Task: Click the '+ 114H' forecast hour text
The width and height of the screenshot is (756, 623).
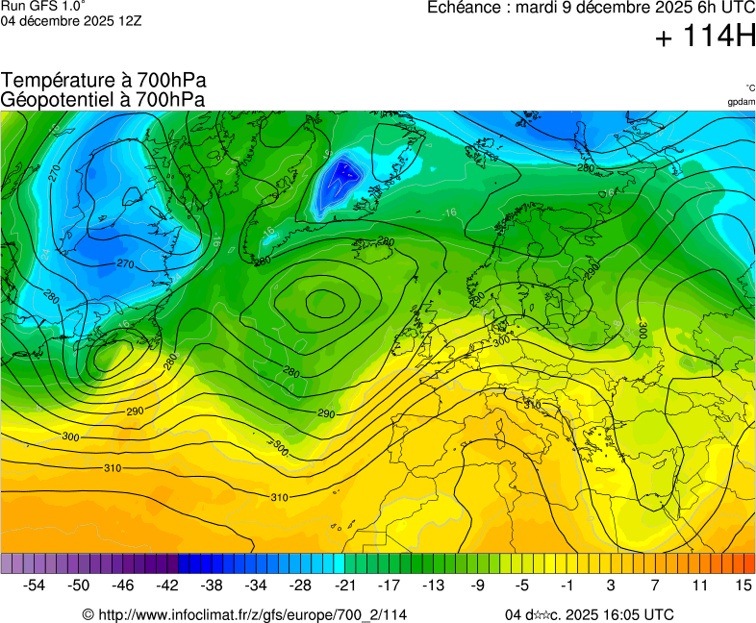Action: tap(704, 37)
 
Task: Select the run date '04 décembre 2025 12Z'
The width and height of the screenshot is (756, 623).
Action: tap(71, 20)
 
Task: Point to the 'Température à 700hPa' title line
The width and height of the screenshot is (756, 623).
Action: tap(103, 81)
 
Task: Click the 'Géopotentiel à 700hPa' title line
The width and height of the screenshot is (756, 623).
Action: tap(103, 99)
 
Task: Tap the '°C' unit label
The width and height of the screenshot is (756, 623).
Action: tap(749, 87)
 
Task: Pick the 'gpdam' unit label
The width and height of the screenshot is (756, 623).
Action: tap(741, 102)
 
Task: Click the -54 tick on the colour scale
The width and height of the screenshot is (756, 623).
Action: tap(35, 585)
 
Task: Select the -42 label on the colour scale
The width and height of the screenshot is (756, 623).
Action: tap(167, 585)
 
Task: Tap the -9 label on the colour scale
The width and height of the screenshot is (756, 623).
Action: tap(477, 585)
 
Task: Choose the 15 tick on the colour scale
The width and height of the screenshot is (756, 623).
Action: tap(743, 585)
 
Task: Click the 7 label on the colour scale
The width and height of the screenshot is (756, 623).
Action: tap(654, 585)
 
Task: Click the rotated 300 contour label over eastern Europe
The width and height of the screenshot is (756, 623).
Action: tap(643, 329)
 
